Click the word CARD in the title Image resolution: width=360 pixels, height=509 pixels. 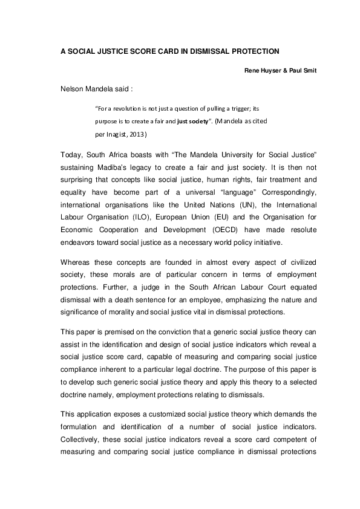(x=167, y=52)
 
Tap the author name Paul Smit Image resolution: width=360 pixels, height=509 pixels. (x=299, y=71)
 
